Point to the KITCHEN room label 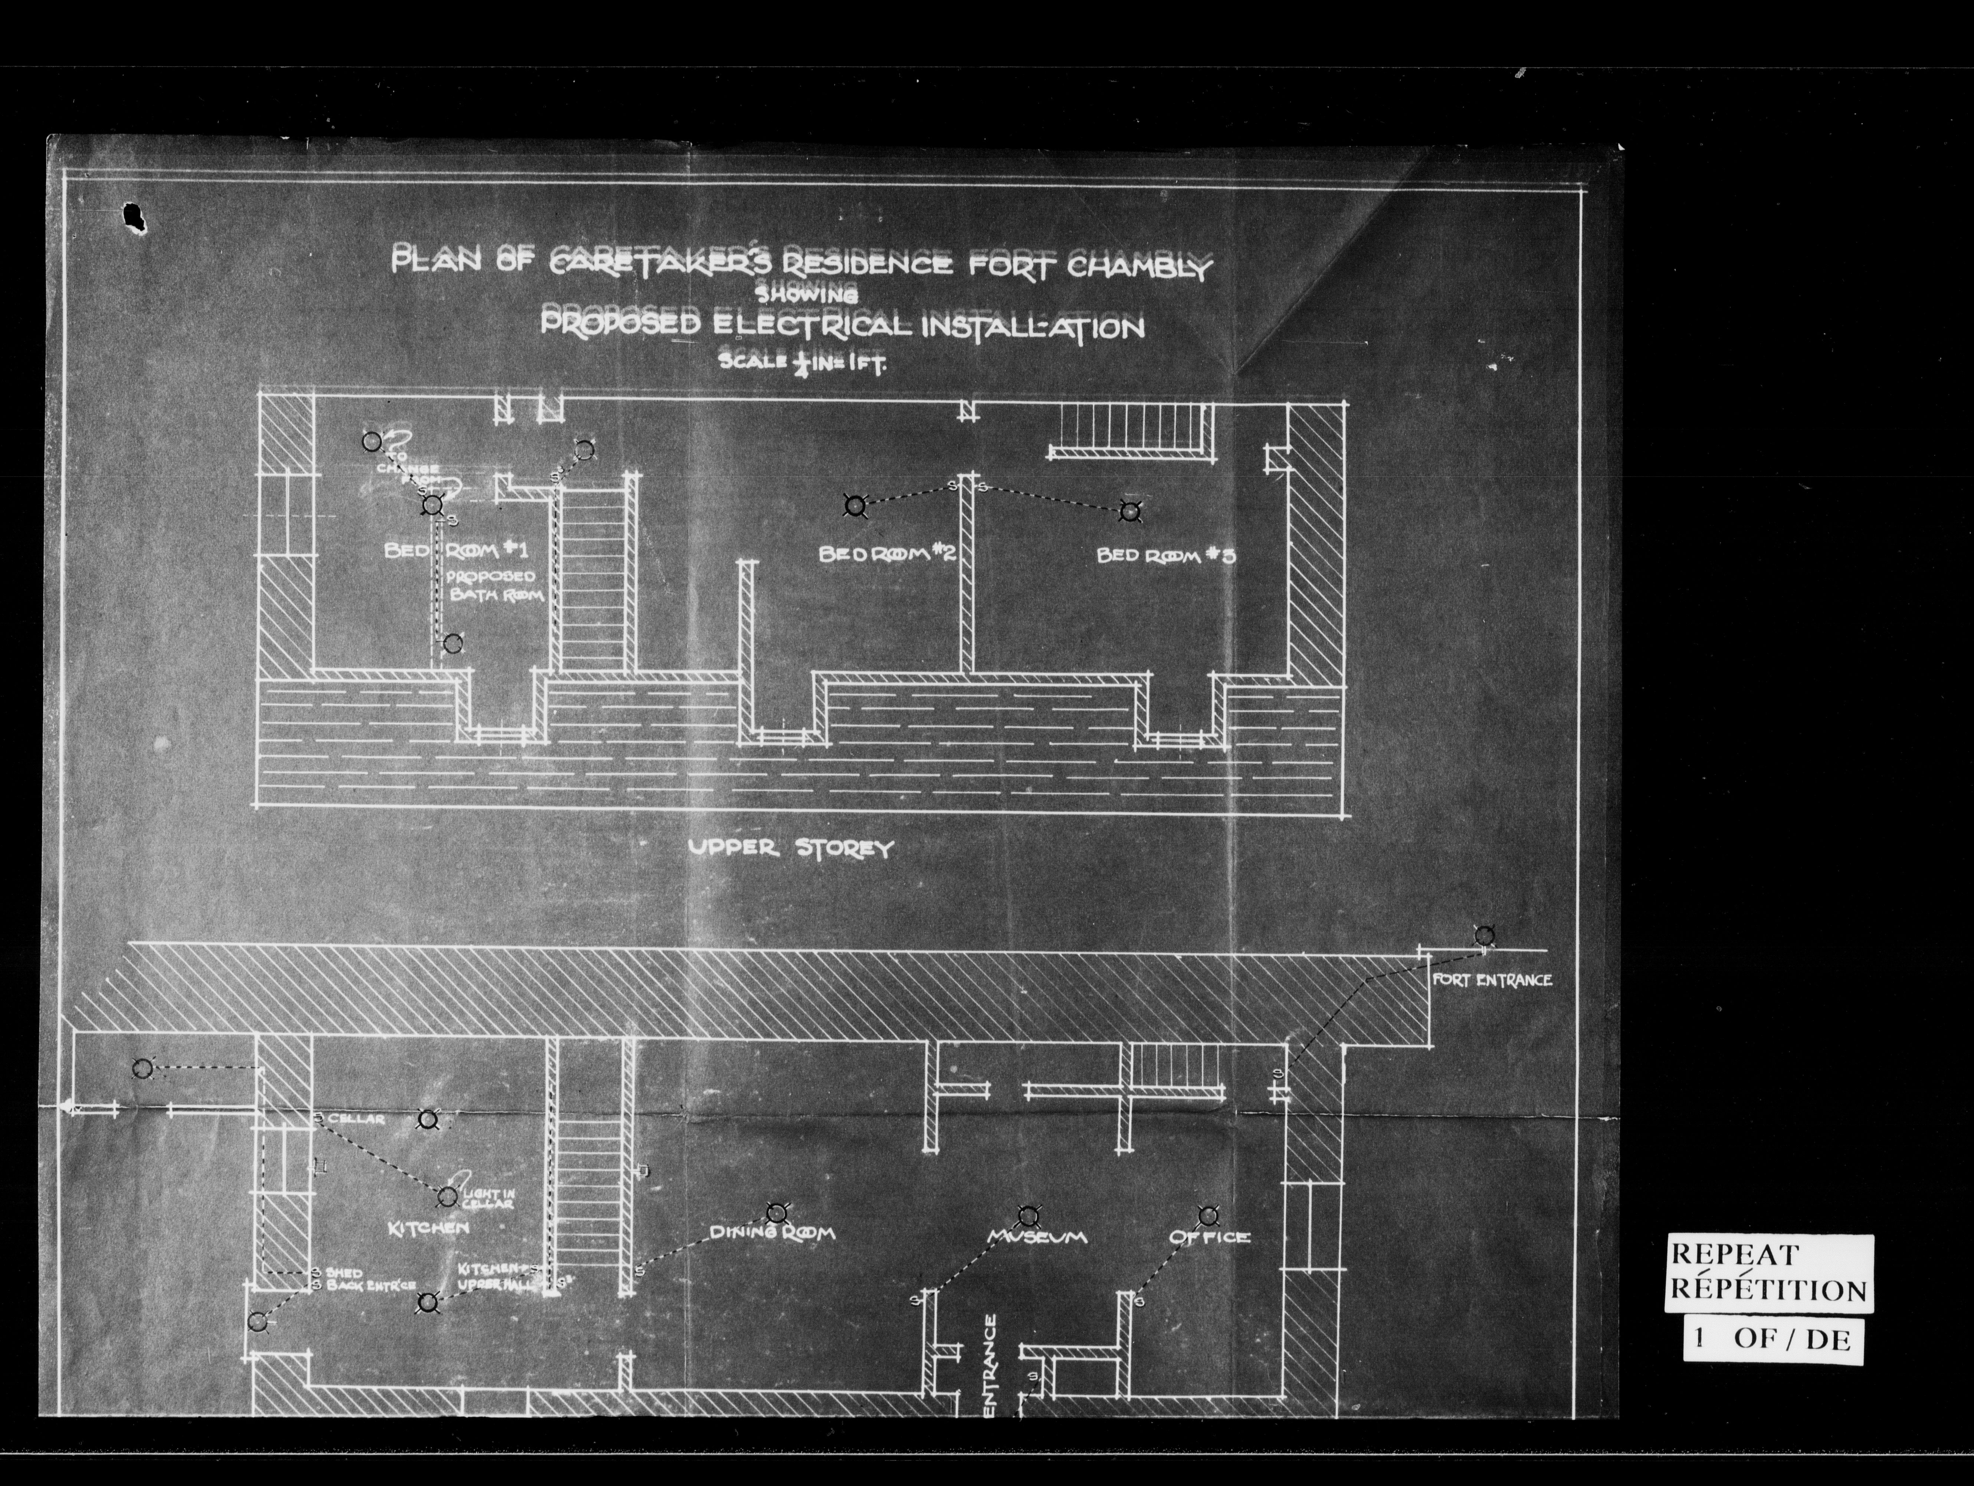(428, 1228)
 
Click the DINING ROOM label (772, 1233)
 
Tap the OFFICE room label (1209, 1237)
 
